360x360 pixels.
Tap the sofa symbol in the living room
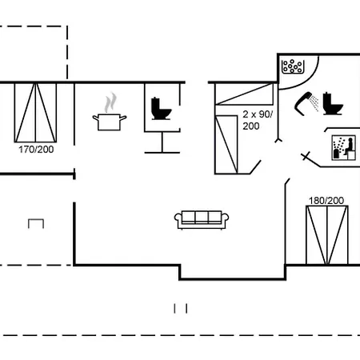(x=202, y=220)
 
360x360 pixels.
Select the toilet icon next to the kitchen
(x=161, y=109)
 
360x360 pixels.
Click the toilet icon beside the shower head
(x=333, y=103)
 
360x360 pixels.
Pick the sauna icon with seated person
(x=343, y=148)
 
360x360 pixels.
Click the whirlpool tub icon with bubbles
(x=293, y=66)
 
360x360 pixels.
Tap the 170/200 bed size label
(x=36, y=150)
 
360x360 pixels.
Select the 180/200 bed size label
(x=326, y=201)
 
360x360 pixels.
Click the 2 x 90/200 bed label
(x=258, y=120)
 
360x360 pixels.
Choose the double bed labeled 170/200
(x=35, y=113)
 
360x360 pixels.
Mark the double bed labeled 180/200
(x=327, y=235)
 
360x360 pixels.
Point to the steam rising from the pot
(x=110, y=102)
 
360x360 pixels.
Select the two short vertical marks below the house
(x=181, y=309)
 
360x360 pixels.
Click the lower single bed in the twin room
(x=226, y=145)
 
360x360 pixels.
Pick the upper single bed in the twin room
(x=244, y=94)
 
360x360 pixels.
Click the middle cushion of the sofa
(x=202, y=217)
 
